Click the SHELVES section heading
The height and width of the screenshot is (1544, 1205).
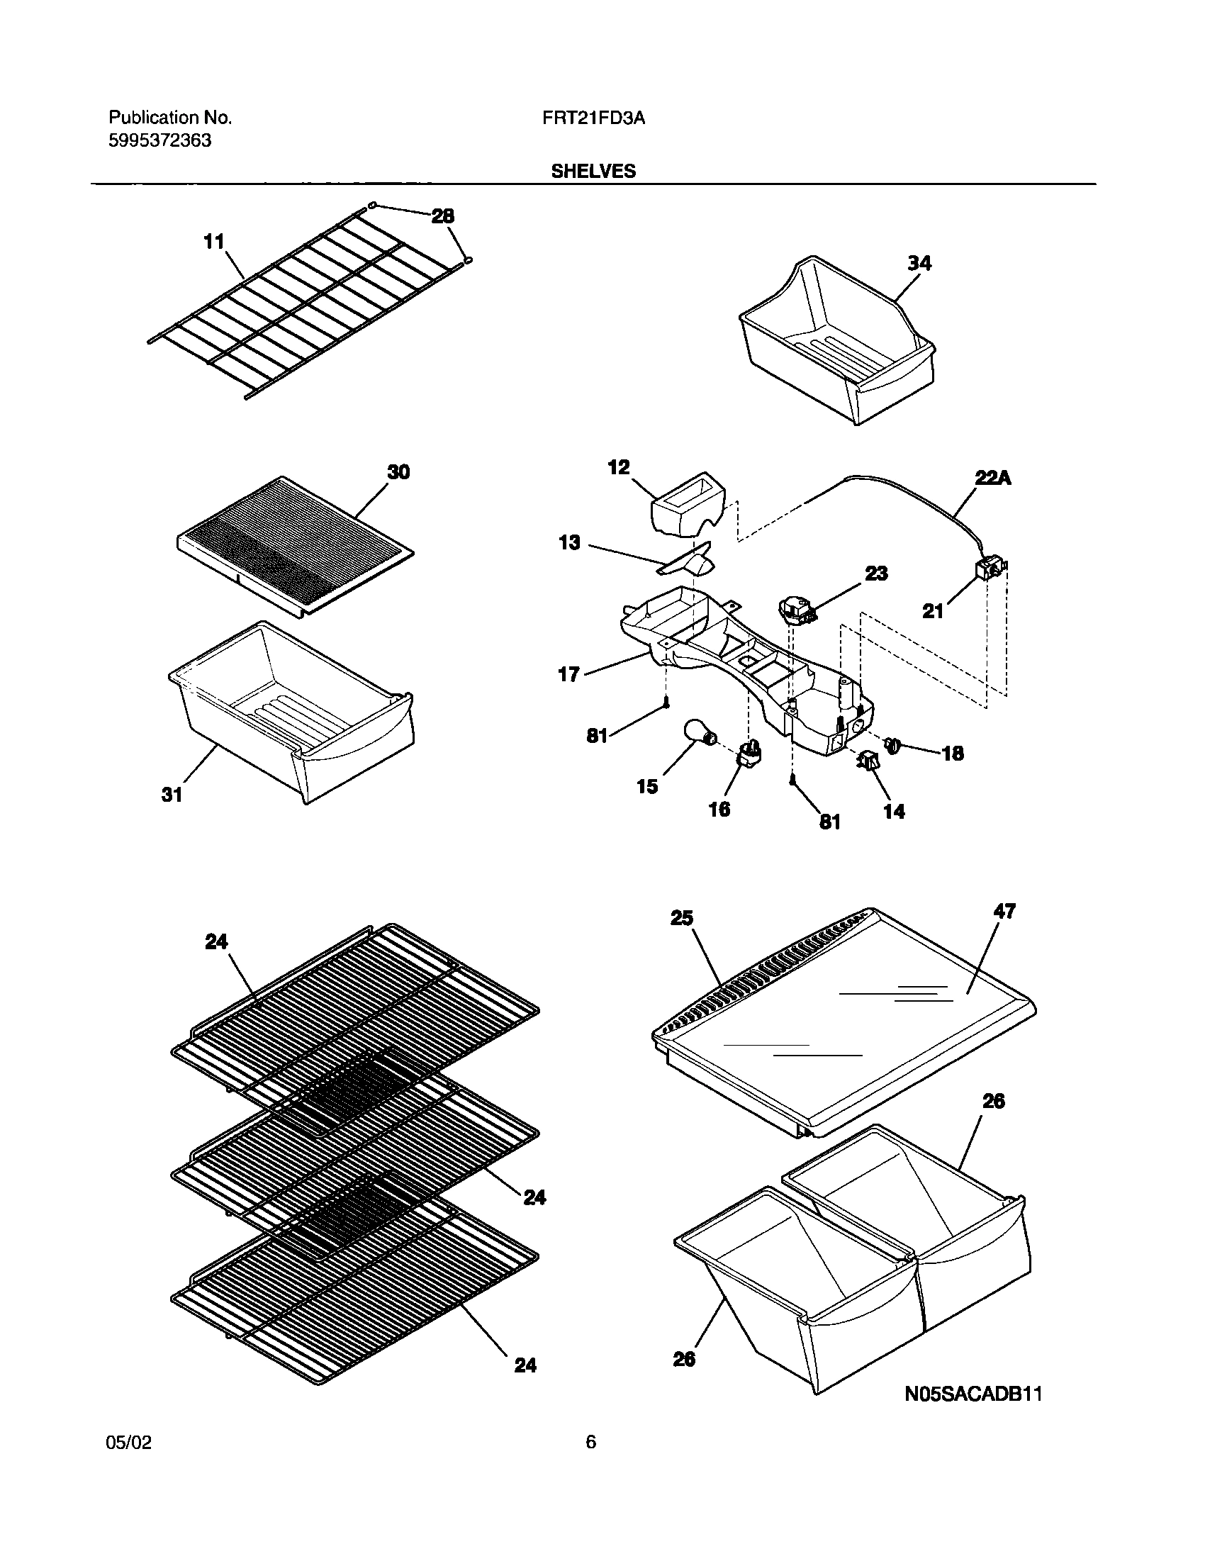click(593, 172)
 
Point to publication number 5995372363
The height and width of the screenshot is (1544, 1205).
click(159, 141)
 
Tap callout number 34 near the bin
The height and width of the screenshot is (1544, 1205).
click(919, 263)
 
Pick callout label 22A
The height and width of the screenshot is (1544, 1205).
click(992, 479)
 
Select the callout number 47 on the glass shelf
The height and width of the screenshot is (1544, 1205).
click(1005, 911)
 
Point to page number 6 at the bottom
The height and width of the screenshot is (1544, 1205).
click(591, 1442)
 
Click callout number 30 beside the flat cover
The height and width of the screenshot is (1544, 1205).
click(398, 471)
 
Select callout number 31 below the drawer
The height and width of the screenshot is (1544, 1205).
click(172, 795)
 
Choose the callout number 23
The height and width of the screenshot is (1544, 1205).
click(876, 573)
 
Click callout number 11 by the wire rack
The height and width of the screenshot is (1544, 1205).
click(213, 242)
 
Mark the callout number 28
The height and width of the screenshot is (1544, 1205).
click(443, 216)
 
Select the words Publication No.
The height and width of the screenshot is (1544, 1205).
click(169, 118)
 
